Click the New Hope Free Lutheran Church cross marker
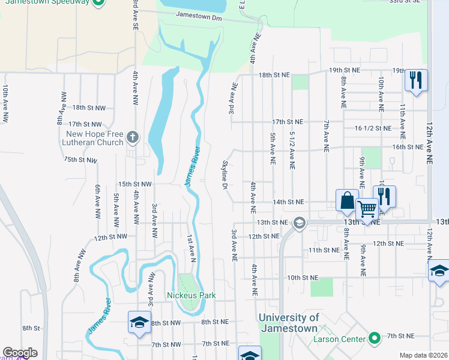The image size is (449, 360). (133, 139)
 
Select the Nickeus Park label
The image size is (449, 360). (191, 295)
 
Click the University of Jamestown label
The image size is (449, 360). (297, 323)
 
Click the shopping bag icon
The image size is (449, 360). (348, 201)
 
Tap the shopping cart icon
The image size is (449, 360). (367, 210)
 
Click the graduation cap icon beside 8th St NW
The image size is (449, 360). (139, 322)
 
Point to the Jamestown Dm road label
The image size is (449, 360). (198, 16)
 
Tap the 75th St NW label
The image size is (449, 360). (80, 160)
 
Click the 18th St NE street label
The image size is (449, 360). (274, 75)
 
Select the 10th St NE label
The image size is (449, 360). (301, 278)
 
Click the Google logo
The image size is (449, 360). (20, 353)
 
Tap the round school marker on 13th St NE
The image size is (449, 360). (299, 223)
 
